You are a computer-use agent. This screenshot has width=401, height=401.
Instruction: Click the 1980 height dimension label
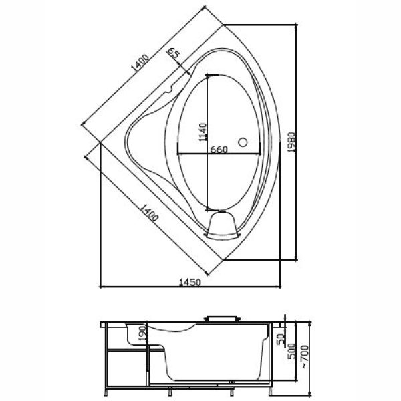(x=291, y=142)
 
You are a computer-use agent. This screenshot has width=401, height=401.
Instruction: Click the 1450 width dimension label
(x=190, y=282)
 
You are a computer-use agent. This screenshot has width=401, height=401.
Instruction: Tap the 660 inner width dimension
(x=219, y=149)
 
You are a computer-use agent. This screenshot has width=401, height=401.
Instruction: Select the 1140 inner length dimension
(x=203, y=132)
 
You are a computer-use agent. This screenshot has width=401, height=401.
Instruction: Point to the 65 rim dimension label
(x=174, y=54)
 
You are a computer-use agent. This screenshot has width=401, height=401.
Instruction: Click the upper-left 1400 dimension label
(x=140, y=62)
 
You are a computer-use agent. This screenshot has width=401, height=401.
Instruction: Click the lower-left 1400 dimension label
(x=150, y=213)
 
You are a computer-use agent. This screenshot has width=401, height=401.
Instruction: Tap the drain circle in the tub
(x=243, y=142)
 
